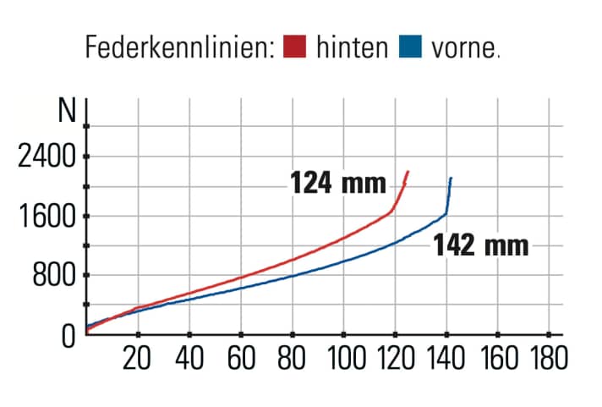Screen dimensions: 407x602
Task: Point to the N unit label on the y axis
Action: coord(66,111)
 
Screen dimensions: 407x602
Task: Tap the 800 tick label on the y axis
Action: coord(53,276)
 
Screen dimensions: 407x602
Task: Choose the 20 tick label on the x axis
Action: coord(138,359)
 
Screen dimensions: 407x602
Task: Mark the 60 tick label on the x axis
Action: coord(242,359)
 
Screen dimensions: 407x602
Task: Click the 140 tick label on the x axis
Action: coord(447,359)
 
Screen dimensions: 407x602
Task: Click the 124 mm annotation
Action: coord(338,183)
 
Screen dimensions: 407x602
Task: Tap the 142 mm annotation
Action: coord(481,245)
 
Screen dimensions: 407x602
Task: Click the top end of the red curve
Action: coord(408,172)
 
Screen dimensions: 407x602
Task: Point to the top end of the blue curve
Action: coord(451,179)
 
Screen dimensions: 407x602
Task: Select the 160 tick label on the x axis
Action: coord(499,359)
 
